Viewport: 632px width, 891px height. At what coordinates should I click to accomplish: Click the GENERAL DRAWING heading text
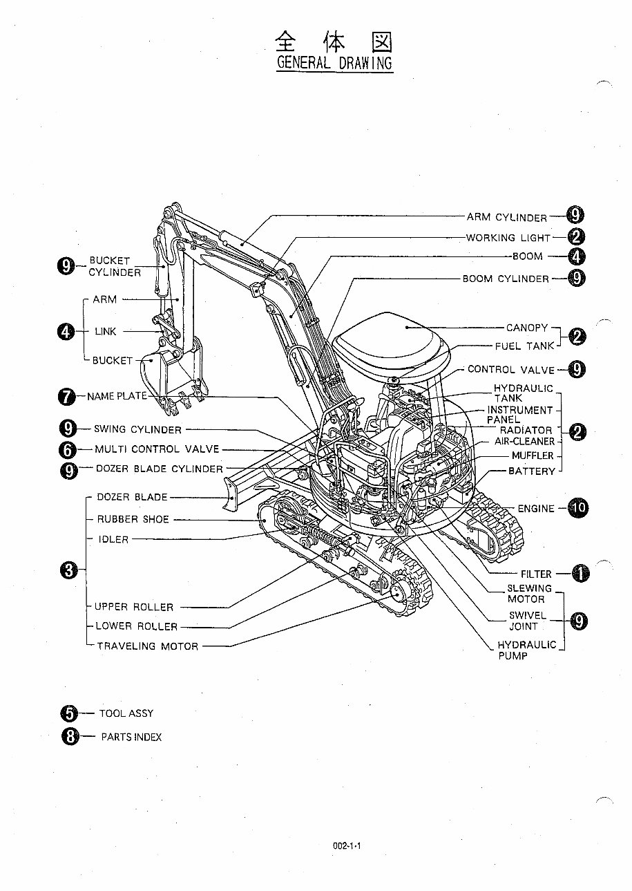(334, 63)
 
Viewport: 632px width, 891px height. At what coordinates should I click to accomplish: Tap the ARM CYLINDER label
(506, 217)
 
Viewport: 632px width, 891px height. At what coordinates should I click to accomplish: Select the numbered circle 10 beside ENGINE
(579, 508)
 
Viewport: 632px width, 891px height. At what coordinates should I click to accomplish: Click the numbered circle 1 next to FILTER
(580, 573)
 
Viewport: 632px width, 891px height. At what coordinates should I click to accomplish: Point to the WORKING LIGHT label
(508, 238)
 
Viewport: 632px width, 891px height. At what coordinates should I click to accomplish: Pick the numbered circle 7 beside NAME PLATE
(67, 397)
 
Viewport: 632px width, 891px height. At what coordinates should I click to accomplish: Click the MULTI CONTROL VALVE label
(157, 449)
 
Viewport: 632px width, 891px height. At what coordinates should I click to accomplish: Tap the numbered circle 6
(67, 449)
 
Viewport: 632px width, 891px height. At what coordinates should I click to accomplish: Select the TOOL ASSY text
(126, 713)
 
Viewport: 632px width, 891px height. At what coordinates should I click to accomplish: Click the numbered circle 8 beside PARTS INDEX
(70, 737)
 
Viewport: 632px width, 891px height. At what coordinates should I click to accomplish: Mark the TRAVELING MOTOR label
(147, 646)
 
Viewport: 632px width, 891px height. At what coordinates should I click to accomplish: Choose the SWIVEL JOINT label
(528, 621)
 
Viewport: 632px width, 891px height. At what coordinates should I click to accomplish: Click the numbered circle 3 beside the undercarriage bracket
(68, 570)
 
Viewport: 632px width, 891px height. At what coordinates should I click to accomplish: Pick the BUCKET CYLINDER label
(114, 267)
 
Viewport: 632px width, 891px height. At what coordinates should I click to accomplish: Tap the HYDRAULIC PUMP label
(526, 650)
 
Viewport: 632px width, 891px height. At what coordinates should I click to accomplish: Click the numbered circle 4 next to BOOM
(577, 256)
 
